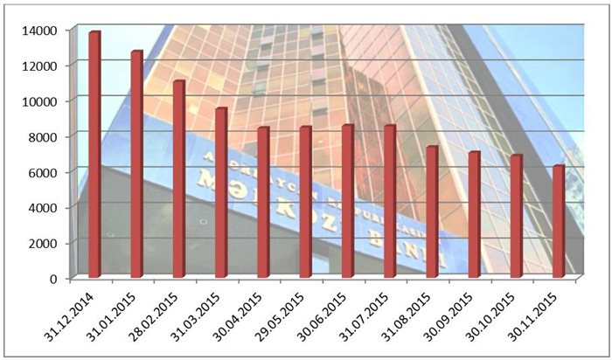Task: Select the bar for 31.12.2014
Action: click(94, 156)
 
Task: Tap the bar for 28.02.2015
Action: click(178, 179)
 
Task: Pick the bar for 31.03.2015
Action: click(221, 193)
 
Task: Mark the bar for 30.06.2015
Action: click(348, 202)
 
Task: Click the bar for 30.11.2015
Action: click(559, 222)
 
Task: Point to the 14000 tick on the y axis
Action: click(40, 30)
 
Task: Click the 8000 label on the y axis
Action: click(44, 136)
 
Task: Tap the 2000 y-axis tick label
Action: click(44, 243)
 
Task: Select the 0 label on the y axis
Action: click(54, 279)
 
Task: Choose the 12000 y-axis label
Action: click(40, 66)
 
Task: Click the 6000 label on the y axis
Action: click(44, 172)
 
